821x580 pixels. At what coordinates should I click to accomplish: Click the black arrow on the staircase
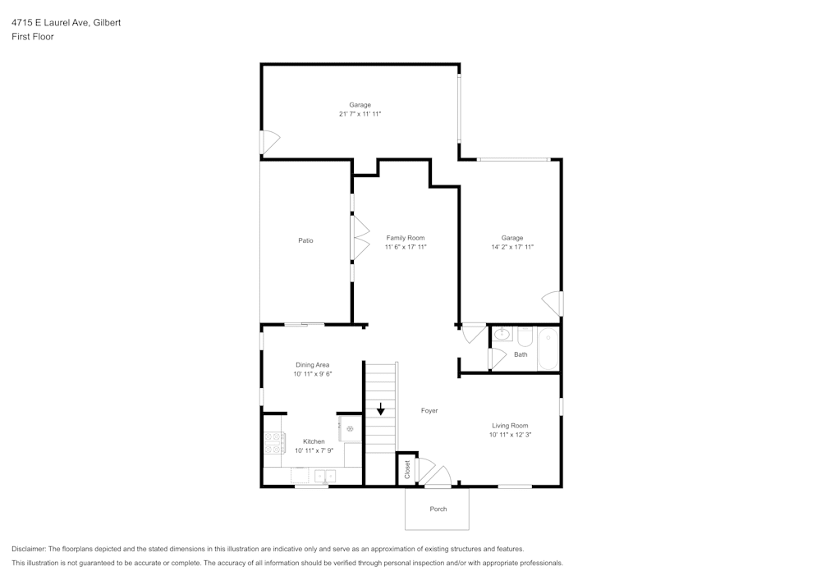click(x=380, y=408)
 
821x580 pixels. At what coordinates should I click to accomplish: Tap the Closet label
click(x=407, y=469)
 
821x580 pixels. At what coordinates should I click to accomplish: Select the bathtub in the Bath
click(x=548, y=349)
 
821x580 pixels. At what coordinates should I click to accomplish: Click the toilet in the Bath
click(x=525, y=337)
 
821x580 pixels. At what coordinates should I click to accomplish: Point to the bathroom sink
click(x=502, y=335)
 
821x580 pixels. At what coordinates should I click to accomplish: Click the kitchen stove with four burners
click(x=273, y=444)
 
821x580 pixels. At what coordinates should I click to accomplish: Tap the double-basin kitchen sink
click(x=325, y=475)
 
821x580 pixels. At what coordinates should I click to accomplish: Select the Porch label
click(x=438, y=509)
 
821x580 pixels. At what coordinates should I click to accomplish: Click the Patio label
click(x=305, y=240)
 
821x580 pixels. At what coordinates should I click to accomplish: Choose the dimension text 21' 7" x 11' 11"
click(x=360, y=114)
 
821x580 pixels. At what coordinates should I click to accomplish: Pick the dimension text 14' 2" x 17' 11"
click(x=512, y=247)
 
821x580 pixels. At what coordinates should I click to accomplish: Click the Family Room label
click(x=406, y=238)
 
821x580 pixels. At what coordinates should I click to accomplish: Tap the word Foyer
click(x=429, y=410)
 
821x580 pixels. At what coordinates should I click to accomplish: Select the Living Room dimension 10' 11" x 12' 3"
click(x=510, y=435)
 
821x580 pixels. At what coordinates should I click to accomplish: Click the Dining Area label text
click(x=312, y=364)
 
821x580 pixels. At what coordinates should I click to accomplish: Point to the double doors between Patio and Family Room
click(x=360, y=239)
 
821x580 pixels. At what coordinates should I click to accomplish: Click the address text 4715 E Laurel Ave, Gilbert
click(x=66, y=23)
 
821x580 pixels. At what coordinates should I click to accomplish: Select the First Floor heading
click(x=33, y=37)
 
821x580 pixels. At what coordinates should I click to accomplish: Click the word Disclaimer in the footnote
click(x=28, y=549)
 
